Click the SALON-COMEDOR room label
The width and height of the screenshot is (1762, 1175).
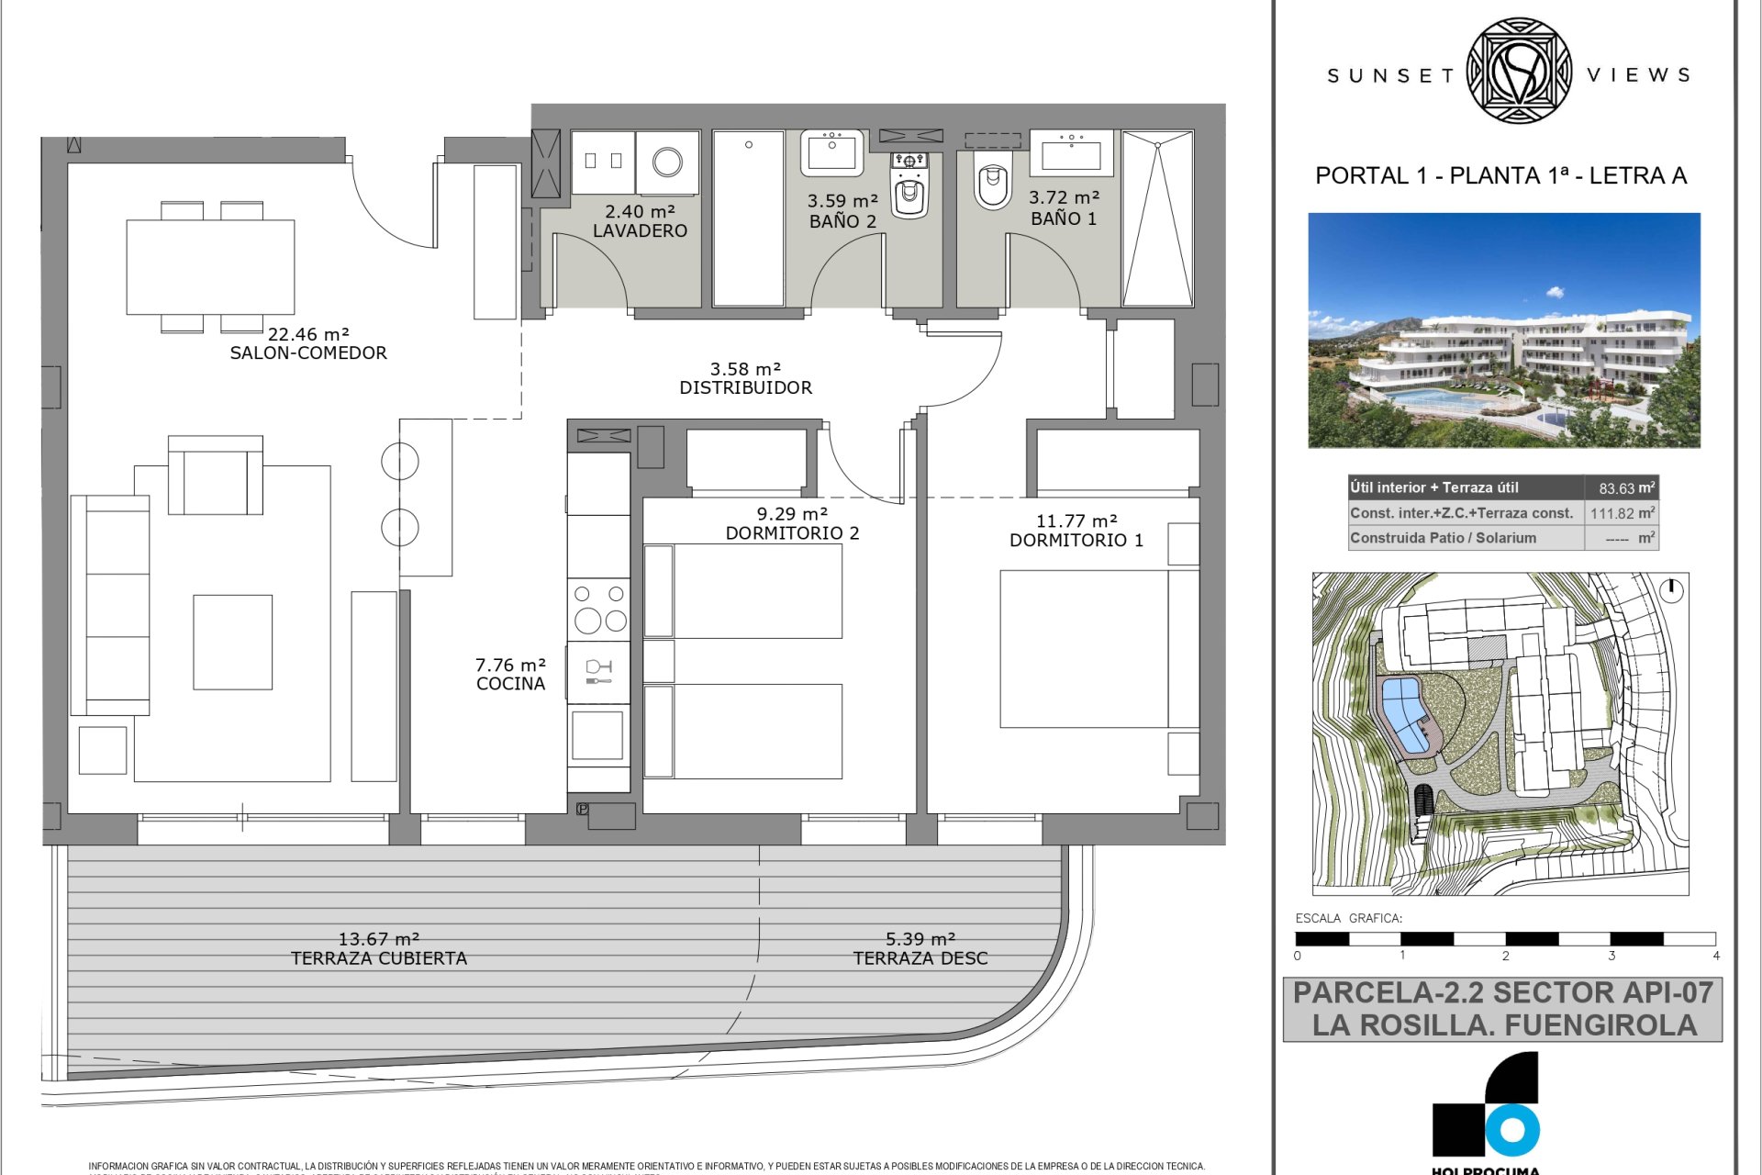tap(308, 352)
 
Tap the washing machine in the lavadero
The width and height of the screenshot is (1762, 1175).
tap(667, 162)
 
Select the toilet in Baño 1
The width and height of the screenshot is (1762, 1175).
tap(992, 185)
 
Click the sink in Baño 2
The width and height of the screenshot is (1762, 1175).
tap(831, 152)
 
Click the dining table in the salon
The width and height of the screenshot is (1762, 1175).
tap(210, 266)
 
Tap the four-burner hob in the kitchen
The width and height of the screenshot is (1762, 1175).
tap(599, 610)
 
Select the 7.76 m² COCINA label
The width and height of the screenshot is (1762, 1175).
tap(510, 674)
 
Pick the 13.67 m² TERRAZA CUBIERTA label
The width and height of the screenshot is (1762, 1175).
tap(379, 948)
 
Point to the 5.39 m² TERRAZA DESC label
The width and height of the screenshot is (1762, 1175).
tap(920, 948)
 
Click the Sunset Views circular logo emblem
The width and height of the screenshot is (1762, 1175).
tap(1519, 71)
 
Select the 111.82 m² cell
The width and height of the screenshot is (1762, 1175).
tap(1622, 514)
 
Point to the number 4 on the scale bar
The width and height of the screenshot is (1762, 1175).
tap(1715, 956)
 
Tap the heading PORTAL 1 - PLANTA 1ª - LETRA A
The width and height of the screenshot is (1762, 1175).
tap(1501, 175)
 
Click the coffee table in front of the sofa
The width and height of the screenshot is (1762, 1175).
tap(232, 642)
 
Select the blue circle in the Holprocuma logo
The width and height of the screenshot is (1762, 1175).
tap(1511, 1131)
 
